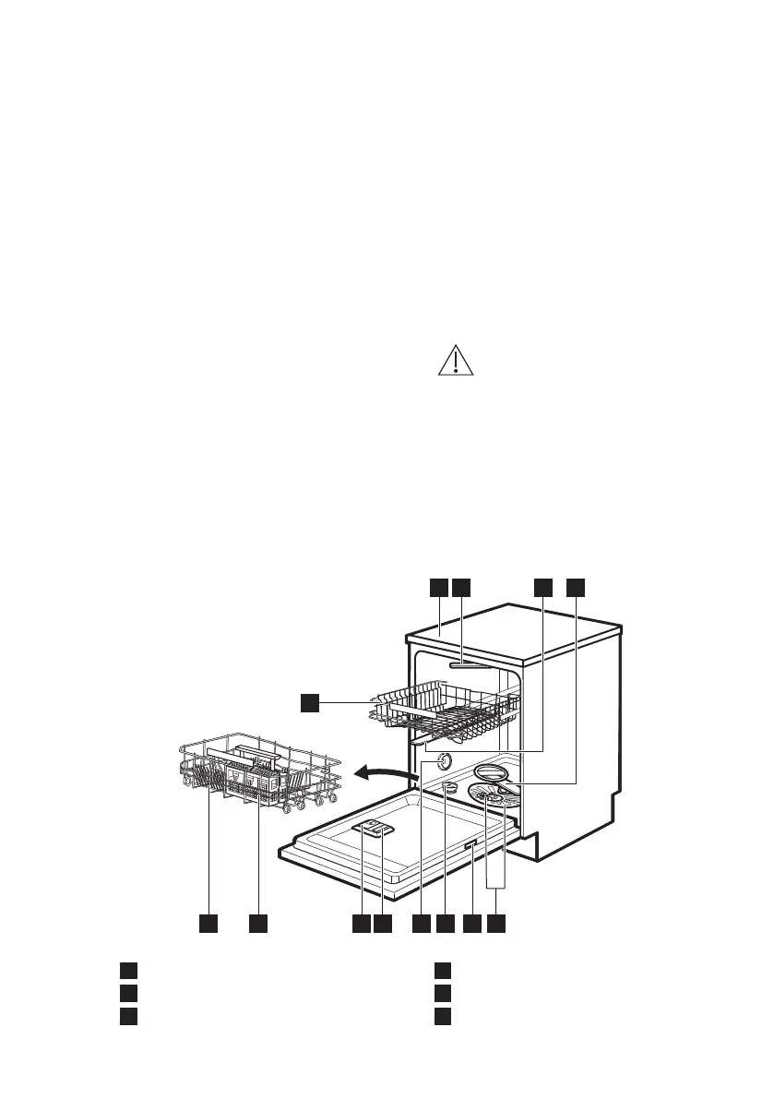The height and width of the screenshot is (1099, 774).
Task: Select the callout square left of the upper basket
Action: coord(310,703)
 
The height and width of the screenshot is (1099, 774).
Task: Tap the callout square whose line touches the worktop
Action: coord(438,587)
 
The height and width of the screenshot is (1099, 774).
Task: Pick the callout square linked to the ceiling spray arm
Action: coord(461,587)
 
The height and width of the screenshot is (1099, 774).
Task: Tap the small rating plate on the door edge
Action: coord(470,845)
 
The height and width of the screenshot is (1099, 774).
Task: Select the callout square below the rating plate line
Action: coord(472,923)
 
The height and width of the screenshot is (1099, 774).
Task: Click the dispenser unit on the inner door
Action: coord(375,829)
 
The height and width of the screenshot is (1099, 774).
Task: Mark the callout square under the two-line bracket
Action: coord(497,923)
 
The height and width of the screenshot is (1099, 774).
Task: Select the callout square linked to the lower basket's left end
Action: coord(208,923)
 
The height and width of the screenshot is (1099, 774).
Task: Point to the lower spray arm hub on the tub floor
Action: coord(493,800)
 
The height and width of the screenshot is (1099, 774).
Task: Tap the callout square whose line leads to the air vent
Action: coord(422,923)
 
